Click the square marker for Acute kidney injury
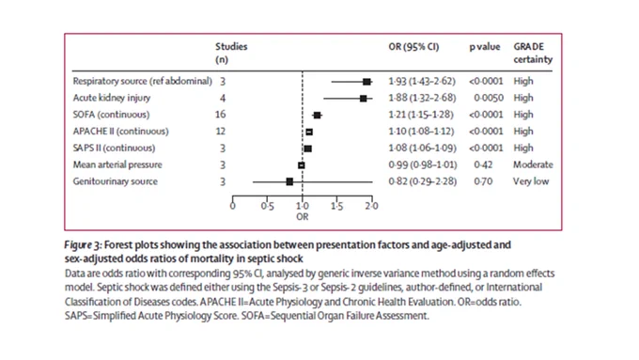363,99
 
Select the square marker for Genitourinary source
289,181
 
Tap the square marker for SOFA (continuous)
317,116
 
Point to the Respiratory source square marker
366,82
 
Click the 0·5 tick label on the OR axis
267,206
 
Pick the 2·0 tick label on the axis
371,206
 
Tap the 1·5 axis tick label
336,206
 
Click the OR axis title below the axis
302,217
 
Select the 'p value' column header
485,47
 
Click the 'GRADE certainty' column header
533,53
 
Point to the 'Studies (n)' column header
231,53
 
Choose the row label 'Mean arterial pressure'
117,164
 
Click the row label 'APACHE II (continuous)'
120,132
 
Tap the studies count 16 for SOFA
220,115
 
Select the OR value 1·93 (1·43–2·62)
422,81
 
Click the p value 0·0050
489,98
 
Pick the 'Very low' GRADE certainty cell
531,181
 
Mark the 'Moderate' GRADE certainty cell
533,164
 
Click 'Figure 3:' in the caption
83,245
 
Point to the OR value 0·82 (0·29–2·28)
422,181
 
